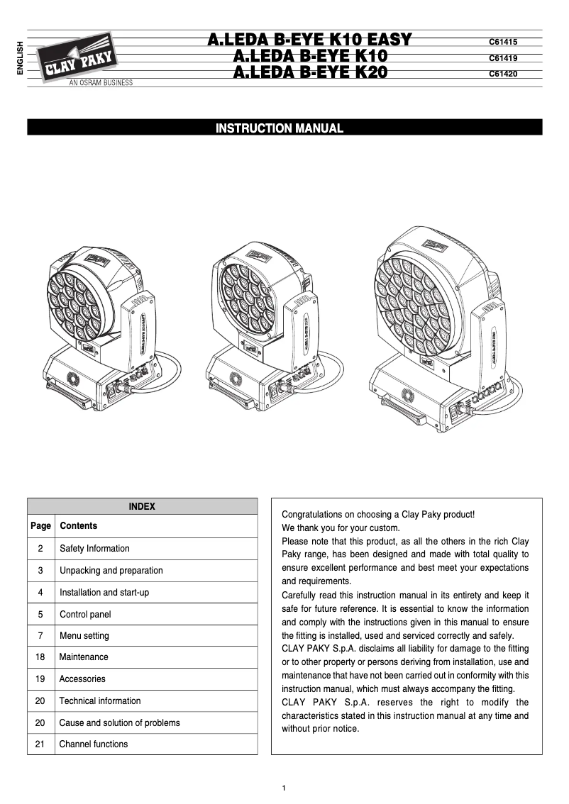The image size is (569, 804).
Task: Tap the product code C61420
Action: [502, 73]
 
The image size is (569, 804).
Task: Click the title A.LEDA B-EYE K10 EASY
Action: [309, 40]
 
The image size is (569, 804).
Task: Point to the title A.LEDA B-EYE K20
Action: [310, 72]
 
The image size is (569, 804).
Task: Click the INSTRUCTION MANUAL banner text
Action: [280, 128]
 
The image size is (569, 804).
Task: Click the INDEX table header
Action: [142, 506]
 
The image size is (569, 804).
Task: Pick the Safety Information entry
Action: [94, 548]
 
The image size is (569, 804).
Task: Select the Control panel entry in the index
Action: [85, 614]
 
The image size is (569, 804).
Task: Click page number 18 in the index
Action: [40, 657]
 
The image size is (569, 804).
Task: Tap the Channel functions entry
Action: [94, 744]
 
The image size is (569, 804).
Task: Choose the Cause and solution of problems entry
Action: [119, 722]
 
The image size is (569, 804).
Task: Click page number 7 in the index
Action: [40, 635]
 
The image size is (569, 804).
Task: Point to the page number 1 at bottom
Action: [284, 788]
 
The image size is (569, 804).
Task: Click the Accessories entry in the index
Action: [82, 679]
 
